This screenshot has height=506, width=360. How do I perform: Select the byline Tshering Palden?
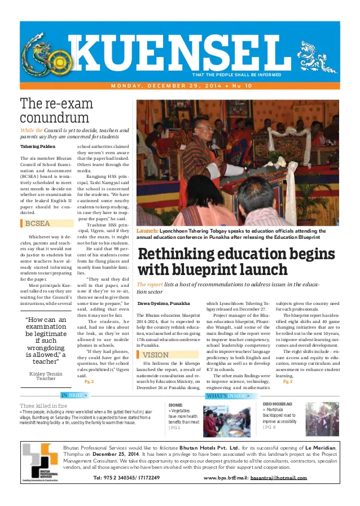38,147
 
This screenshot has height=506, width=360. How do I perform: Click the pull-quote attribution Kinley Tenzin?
46,373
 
